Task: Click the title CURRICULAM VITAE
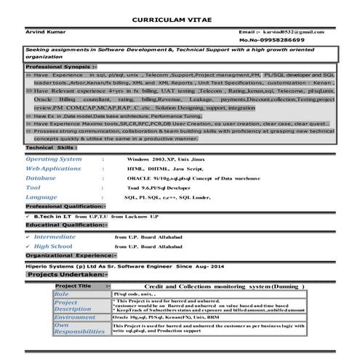pyautogui.click(x=180, y=19)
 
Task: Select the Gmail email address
pyautogui.click(x=295, y=33)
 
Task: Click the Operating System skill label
pyautogui.click(x=55, y=158)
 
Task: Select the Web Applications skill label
pyautogui.click(x=54, y=168)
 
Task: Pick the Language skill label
pyautogui.click(x=41, y=197)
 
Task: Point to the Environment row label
pyautogui.click(x=75, y=317)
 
